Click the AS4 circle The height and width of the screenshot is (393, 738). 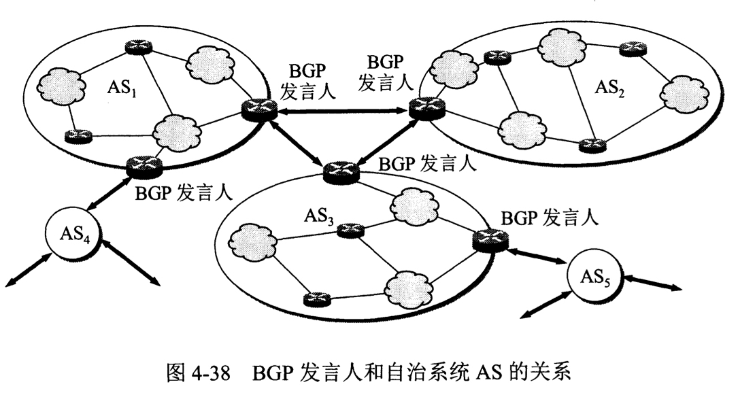tap(71, 235)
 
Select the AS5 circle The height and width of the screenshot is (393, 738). tap(591, 278)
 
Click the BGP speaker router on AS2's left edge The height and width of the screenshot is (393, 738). tap(424, 109)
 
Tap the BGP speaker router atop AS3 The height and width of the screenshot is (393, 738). tap(340, 171)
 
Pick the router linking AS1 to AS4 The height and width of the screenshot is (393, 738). tap(144, 165)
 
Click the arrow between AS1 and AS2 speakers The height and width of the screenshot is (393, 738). tap(340, 109)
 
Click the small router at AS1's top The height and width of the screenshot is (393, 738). tap(135, 47)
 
